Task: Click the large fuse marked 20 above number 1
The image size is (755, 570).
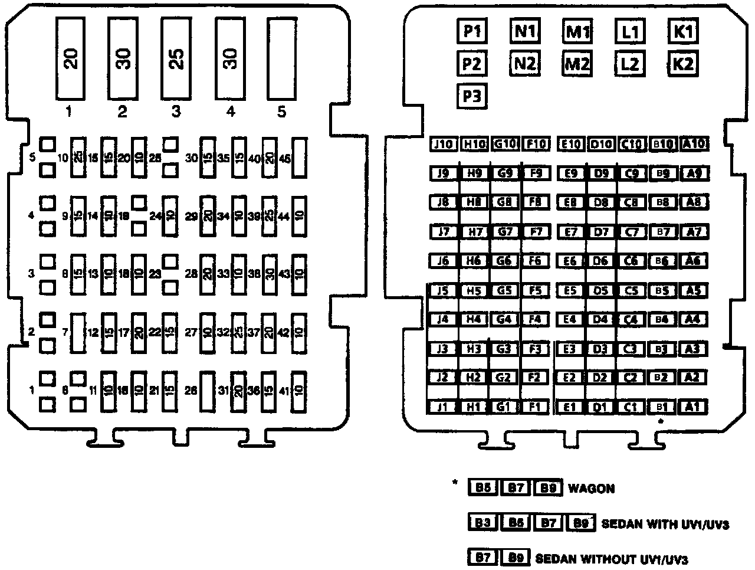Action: click(71, 57)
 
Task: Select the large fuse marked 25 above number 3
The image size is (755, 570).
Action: click(176, 57)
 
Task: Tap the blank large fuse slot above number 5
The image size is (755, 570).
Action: click(282, 57)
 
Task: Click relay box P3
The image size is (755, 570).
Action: click(471, 96)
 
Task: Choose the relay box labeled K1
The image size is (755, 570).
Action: click(683, 31)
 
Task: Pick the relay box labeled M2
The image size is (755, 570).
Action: click(577, 63)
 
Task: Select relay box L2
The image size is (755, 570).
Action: click(630, 63)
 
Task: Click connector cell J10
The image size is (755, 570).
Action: click(443, 144)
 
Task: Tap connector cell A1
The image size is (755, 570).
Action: click(694, 406)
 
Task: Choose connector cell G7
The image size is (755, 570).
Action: click(504, 231)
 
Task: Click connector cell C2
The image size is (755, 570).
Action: click(631, 377)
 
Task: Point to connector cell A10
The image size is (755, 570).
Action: click(694, 143)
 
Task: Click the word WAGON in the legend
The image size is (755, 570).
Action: click(590, 489)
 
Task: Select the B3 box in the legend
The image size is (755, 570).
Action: click(483, 522)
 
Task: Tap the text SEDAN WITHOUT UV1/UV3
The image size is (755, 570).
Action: click(611, 558)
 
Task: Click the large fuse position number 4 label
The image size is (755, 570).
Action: click(230, 111)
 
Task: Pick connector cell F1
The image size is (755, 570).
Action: click(535, 406)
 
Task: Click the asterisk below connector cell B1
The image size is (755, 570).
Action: click(661, 422)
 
